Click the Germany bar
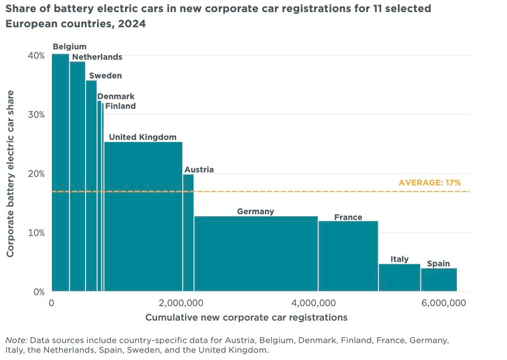pos(256,254)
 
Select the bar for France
pos(348,256)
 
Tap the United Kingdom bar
pos(143,216)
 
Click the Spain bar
pos(439,280)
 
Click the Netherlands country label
pos(97,57)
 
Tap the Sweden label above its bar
pos(105,75)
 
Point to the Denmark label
pos(115,96)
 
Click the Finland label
pos(120,106)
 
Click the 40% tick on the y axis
pos(36,56)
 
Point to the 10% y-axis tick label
pos(36,233)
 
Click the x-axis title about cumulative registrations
pos(247,316)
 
